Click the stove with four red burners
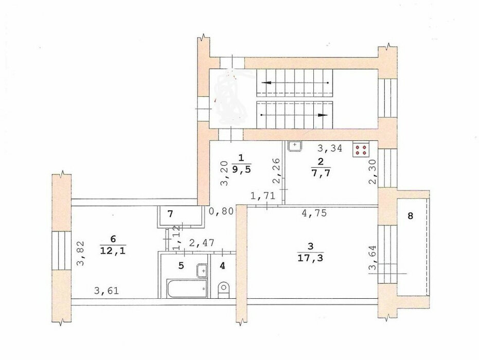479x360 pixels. (x=361, y=149)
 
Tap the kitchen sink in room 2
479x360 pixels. (x=295, y=146)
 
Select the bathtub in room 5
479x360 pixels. (x=187, y=288)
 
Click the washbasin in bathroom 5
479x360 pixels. (x=202, y=271)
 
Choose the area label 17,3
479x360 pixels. (x=310, y=258)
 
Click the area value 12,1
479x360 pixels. (x=113, y=250)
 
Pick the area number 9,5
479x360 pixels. (x=241, y=169)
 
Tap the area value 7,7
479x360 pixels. (x=321, y=172)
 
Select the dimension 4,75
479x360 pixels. (x=314, y=212)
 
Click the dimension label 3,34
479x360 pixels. (x=330, y=148)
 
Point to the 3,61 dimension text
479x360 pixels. (x=107, y=290)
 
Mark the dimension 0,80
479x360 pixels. (x=221, y=211)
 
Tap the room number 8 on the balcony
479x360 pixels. (x=410, y=216)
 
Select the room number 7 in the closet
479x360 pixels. (x=170, y=214)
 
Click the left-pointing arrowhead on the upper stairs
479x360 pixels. (x=267, y=83)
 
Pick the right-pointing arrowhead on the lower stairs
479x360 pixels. (x=323, y=115)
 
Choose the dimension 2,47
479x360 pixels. (x=202, y=243)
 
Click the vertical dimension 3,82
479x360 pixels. (x=80, y=254)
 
